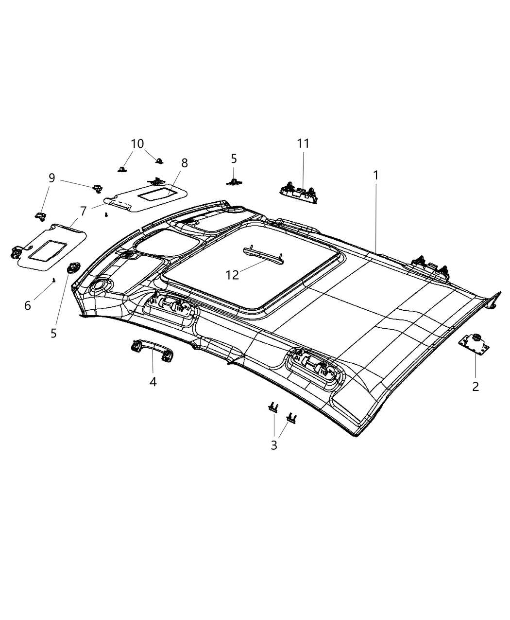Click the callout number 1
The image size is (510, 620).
tap(375, 175)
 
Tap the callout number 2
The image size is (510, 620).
tap(476, 387)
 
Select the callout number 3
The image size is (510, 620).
tap(274, 445)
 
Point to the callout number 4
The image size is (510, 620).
tap(153, 382)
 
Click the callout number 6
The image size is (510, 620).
tap(28, 305)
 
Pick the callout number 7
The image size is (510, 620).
tap(83, 212)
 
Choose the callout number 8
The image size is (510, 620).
tap(185, 163)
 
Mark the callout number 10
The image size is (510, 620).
tap(137, 144)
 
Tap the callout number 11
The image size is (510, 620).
tap(303, 143)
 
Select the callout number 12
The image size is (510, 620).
tap(233, 275)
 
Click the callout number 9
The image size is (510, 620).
tap(51, 178)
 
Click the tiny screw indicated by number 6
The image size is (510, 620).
tap(54, 280)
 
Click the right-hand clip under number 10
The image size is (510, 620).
tap(158, 160)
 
